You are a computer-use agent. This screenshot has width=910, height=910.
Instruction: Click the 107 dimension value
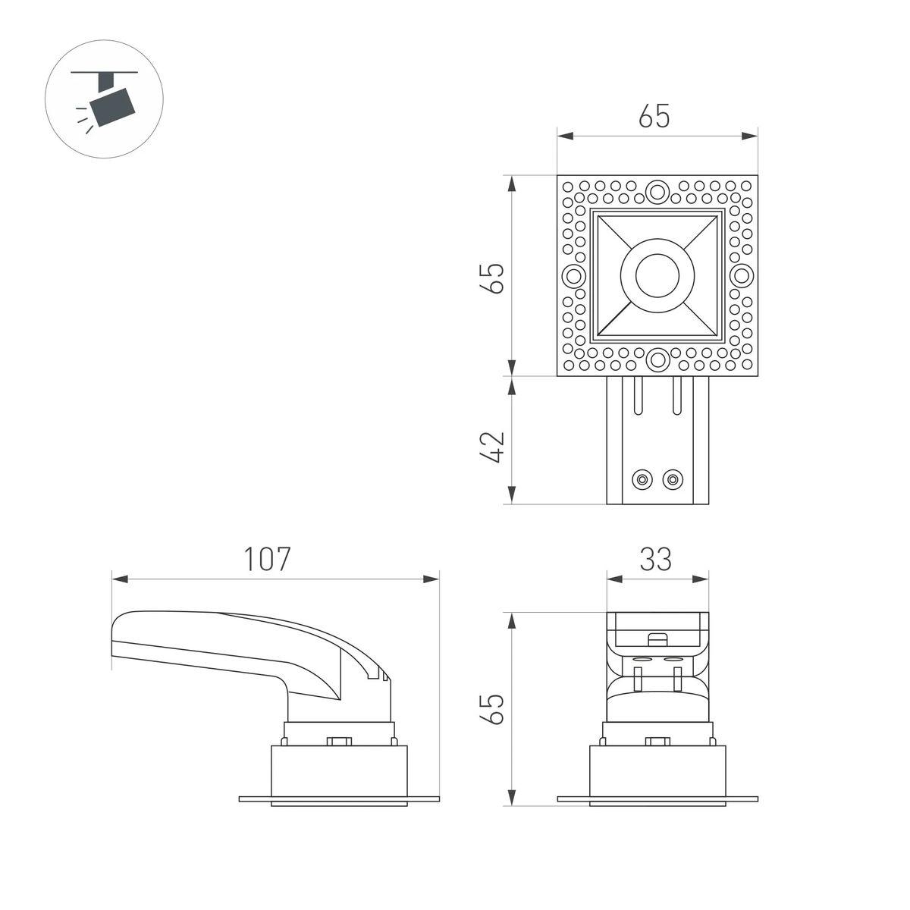click(267, 559)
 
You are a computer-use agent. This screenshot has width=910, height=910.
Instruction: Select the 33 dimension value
click(655, 559)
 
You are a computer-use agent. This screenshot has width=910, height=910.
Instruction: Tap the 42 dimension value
click(492, 447)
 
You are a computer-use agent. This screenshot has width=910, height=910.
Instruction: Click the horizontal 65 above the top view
click(654, 116)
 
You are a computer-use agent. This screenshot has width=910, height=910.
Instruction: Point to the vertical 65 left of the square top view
click(492, 278)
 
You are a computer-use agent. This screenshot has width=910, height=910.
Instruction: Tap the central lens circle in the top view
click(657, 276)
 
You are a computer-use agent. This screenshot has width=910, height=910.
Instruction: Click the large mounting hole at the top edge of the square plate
click(657, 192)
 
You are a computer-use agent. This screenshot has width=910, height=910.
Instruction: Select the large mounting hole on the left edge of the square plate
click(573, 276)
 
